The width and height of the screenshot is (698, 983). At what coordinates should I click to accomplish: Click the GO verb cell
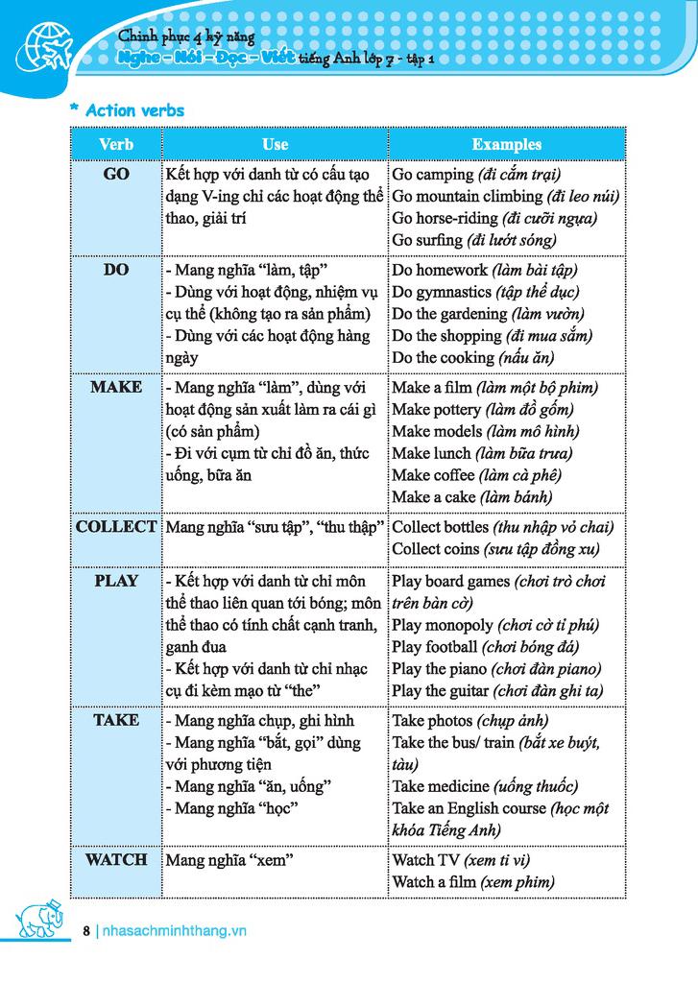115,175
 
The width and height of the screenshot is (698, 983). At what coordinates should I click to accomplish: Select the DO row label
115,270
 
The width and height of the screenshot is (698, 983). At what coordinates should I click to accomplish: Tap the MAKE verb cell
115,387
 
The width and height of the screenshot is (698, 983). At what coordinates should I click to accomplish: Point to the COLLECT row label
115,527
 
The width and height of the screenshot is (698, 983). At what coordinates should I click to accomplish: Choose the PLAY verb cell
115,581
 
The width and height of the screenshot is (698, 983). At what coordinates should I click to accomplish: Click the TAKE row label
115,720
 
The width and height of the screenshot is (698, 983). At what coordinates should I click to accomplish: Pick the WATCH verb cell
115,859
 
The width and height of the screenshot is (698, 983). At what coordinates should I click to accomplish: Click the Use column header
275,144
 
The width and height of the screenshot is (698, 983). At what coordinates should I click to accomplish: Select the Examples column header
506,144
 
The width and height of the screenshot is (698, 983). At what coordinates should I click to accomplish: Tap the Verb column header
115,144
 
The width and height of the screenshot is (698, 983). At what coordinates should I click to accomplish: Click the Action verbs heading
133,110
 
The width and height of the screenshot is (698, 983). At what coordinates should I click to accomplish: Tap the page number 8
86,930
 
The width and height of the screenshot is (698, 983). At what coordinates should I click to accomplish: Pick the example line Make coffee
476,475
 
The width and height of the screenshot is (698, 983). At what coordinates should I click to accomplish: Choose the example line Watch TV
461,860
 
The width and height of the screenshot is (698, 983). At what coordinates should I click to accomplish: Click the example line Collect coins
495,549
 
